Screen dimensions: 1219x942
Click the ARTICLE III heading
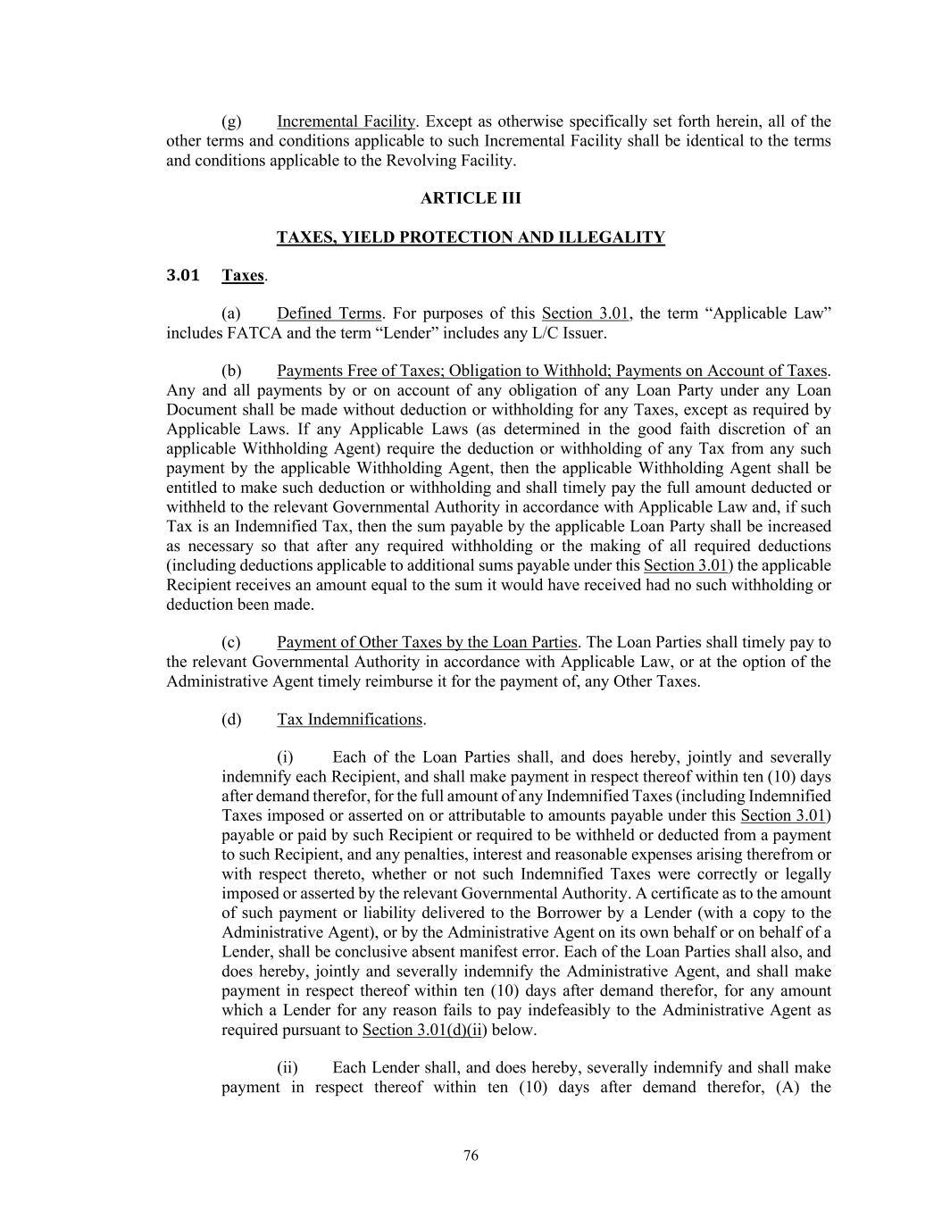[x=471, y=198]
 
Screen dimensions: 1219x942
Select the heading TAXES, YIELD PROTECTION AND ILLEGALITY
[x=471, y=238]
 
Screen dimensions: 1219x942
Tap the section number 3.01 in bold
[x=183, y=275]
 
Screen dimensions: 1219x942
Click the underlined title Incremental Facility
[x=346, y=121]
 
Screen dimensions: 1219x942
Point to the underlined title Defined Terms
[x=329, y=313]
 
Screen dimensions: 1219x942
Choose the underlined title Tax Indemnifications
[x=349, y=720]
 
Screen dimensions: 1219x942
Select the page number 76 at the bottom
[x=471, y=1156]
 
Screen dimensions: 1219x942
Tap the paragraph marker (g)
[x=231, y=121]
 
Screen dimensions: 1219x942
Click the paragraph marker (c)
[x=231, y=642]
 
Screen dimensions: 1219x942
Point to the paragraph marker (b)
[x=231, y=371]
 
